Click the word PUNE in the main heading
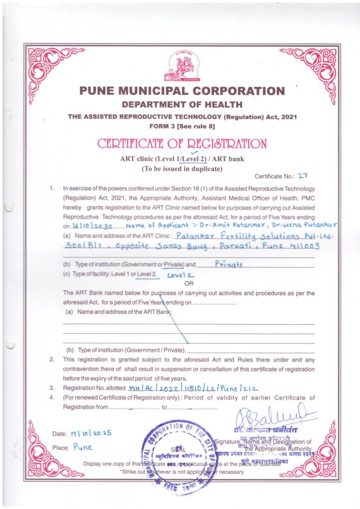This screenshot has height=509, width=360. pyautogui.click(x=97, y=91)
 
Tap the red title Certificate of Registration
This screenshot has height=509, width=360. pyautogui.click(x=181, y=144)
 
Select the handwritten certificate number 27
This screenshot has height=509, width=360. pyautogui.click(x=303, y=176)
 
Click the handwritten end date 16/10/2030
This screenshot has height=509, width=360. pyautogui.click(x=93, y=225)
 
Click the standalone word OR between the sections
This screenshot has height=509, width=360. pyautogui.click(x=188, y=283)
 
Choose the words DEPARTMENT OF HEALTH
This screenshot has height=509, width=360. pyautogui.click(x=182, y=104)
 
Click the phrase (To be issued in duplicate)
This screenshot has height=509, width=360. pyautogui.click(x=180, y=169)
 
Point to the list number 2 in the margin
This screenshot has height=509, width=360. pyautogui.click(x=51, y=359)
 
